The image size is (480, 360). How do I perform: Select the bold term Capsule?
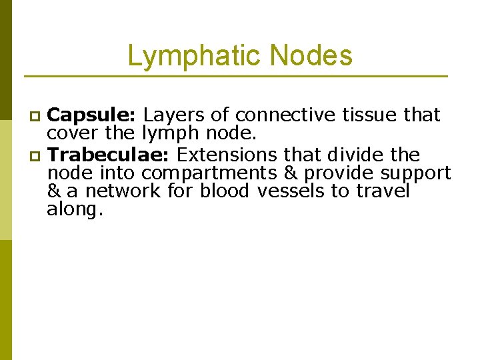(93, 115)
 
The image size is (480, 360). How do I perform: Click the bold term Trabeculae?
(110, 155)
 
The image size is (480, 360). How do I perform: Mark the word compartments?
(219, 173)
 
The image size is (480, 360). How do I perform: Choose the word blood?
(224, 191)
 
